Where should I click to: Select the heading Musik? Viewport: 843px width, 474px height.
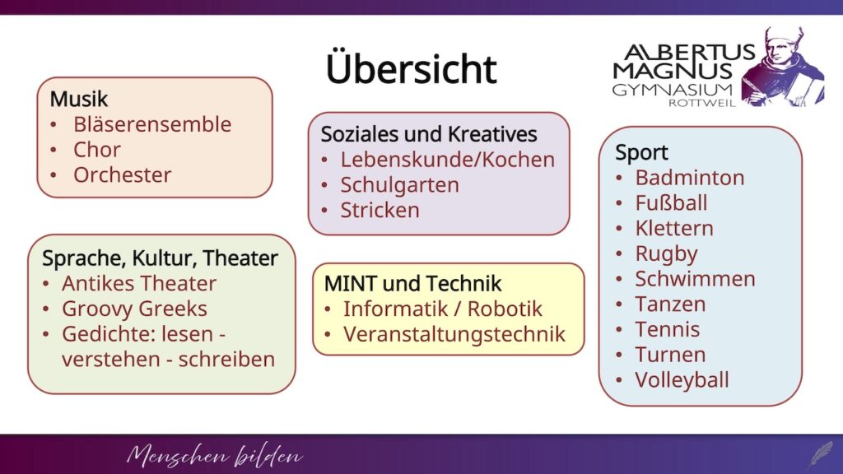click(79, 99)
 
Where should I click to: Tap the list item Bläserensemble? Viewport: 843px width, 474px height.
click(152, 124)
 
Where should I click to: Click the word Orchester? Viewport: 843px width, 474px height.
click(122, 174)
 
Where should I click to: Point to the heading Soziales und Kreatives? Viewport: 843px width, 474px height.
click(429, 134)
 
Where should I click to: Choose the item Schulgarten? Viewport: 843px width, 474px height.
click(399, 185)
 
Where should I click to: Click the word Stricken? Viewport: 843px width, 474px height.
click(380, 210)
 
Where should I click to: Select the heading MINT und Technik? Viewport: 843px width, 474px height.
click(413, 283)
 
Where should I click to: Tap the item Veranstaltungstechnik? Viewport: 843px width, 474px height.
click(454, 334)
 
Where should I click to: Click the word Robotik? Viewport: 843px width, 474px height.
click(505, 309)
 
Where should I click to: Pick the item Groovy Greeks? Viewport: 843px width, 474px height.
click(134, 309)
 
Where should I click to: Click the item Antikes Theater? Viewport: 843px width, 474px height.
click(138, 283)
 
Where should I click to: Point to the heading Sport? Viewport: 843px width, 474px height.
click(641, 152)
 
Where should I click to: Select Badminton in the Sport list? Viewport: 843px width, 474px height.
click(690, 178)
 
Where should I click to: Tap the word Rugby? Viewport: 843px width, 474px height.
click(666, 253)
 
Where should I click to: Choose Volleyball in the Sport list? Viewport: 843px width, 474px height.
click(682, 380)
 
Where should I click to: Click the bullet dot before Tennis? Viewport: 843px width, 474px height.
click(619, 330)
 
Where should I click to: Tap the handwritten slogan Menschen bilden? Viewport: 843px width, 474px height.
click(214, 455)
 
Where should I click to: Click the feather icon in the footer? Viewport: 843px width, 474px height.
click(821, 454)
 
